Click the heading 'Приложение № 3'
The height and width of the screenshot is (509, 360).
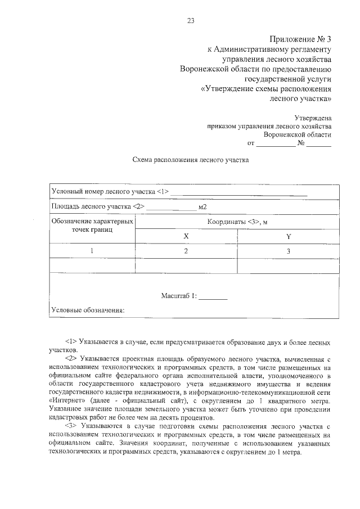[x=300, y=39]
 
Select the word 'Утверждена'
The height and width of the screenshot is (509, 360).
[x=313, y=118]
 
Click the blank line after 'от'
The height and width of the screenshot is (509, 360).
[x=276, y=145]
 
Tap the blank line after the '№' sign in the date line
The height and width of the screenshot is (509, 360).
[x=319, y=145]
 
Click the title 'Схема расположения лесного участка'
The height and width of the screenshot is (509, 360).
[x=190, y=160]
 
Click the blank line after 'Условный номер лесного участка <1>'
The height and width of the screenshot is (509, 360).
[x=239, y=194]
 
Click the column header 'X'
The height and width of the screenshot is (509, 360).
[x=186, y=237]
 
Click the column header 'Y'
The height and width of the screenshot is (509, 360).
[x=288, y=237]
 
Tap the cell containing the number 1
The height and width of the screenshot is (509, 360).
[x=92, y=251]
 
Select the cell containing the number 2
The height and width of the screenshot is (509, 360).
[x=186, y=251]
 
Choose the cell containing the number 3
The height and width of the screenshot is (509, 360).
[x=288, y=251]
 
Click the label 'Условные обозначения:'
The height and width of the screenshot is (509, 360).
[x=87, y=310]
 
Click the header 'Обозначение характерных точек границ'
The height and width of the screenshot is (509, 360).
[x=92, y=226]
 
